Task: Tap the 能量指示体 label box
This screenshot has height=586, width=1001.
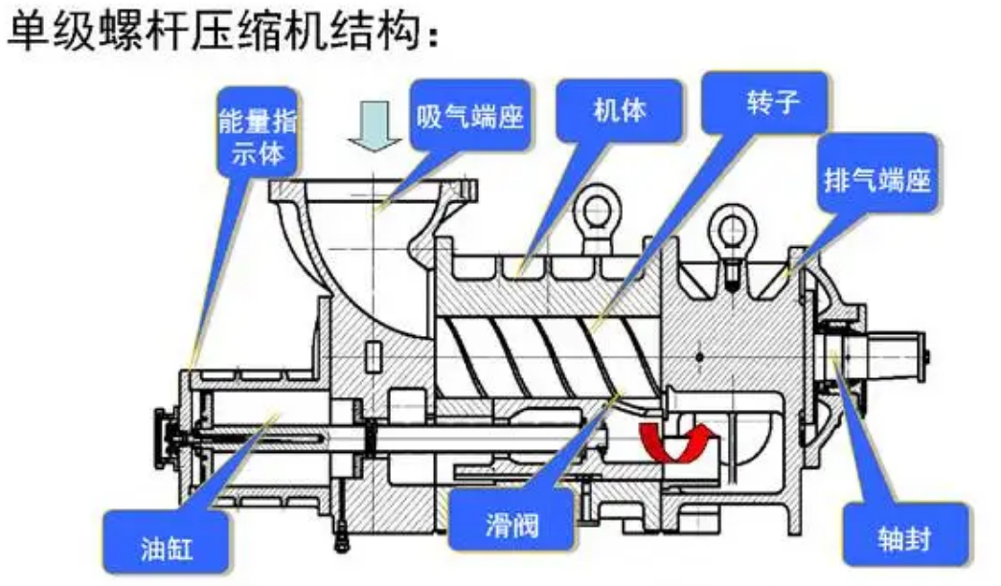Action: (258, 138)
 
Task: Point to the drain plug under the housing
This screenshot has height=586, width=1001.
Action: (338, 539)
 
